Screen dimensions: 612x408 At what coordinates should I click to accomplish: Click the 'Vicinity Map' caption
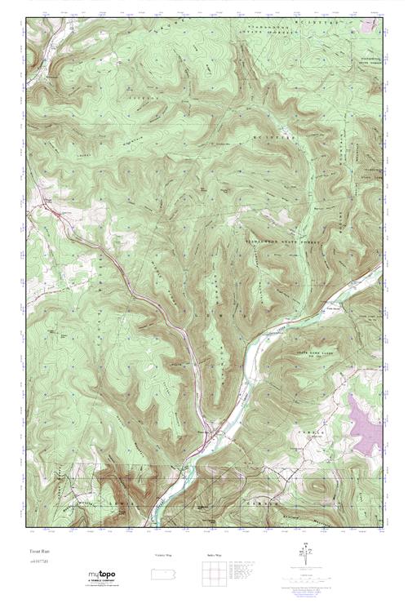(x=163, y=555)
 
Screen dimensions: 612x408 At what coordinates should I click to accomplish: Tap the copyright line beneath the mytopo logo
(x=102, y=586)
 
